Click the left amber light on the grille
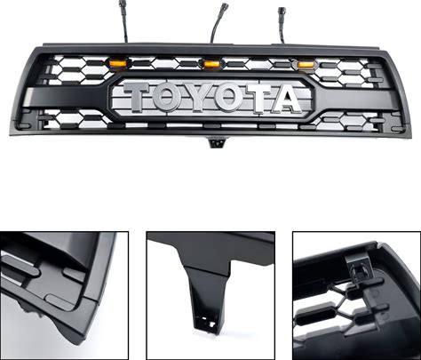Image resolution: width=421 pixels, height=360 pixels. coord(117,63)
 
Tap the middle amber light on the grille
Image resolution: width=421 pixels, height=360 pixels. coord(210,63)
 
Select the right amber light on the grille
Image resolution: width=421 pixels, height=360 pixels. coord(306,64)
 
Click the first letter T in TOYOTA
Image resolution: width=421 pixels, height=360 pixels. coord(137,96)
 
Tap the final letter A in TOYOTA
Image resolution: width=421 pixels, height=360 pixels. coord(284,99)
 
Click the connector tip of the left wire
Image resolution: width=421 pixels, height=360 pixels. coord(122,4)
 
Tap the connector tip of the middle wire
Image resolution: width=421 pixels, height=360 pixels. coord(222,7)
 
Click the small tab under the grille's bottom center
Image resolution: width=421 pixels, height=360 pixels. coord(217,142)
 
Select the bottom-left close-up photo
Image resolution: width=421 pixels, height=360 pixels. coord(64,295)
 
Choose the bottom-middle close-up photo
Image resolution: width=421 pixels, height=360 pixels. coord(210,295)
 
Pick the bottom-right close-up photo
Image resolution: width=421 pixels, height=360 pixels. coord(356,295)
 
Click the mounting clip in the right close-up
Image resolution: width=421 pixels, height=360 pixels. coord(357,268)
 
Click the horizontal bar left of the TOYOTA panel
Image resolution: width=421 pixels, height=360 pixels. coord(67,97)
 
